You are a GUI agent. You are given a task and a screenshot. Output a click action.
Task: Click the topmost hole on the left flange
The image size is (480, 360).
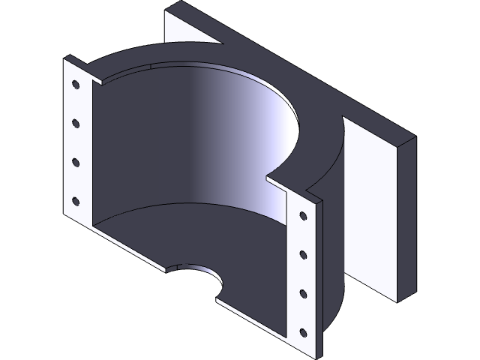[x=75, y=84]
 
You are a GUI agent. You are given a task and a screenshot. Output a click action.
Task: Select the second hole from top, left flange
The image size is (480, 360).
[x=75, y=121]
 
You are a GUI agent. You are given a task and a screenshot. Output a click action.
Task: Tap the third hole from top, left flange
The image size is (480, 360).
[x=75, y=161]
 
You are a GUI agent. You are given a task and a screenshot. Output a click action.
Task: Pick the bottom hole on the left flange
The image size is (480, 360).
[x=75, y=200]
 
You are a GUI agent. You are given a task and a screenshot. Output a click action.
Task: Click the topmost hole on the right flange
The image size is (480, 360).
[x=303, y=216]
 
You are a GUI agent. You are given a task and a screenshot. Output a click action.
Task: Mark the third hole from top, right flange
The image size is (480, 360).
[x=303, y=292]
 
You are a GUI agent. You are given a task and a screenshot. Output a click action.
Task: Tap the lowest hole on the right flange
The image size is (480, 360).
[x=303, y=331]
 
